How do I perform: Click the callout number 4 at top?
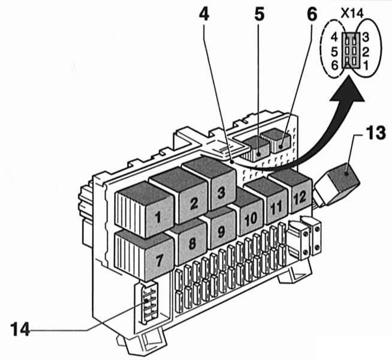click(204, 14)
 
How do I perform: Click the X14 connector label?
click(350, 10)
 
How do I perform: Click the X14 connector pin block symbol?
click(350, 50)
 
